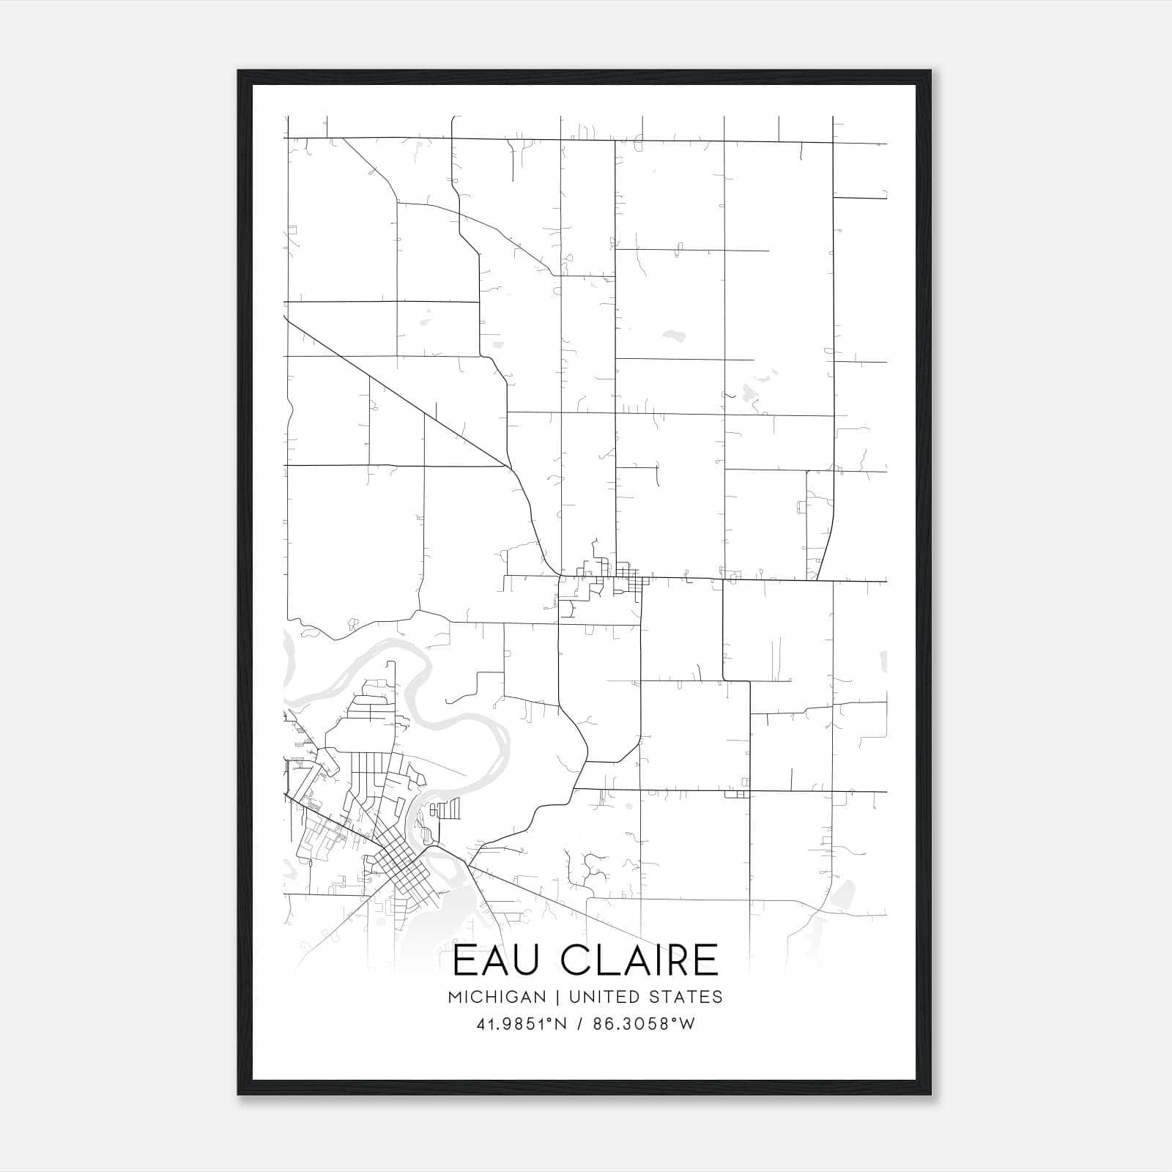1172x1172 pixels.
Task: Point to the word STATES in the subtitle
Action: [687, 997]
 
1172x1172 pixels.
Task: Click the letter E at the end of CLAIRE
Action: [705, 960]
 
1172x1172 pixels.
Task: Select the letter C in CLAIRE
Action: [578, 960]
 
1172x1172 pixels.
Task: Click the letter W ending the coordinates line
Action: [687, 1024]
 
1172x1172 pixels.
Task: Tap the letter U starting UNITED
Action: [574, 997]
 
